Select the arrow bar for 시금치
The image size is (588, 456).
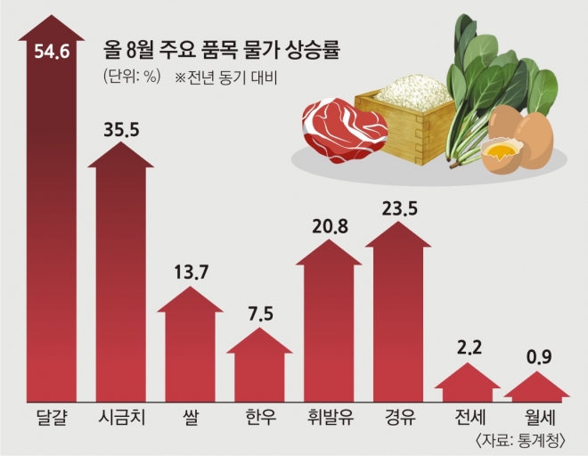120,285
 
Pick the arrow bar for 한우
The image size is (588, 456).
258,370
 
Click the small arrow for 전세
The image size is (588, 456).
467,387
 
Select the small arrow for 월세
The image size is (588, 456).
536,390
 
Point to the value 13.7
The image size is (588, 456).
190,272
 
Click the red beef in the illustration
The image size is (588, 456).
343,129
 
